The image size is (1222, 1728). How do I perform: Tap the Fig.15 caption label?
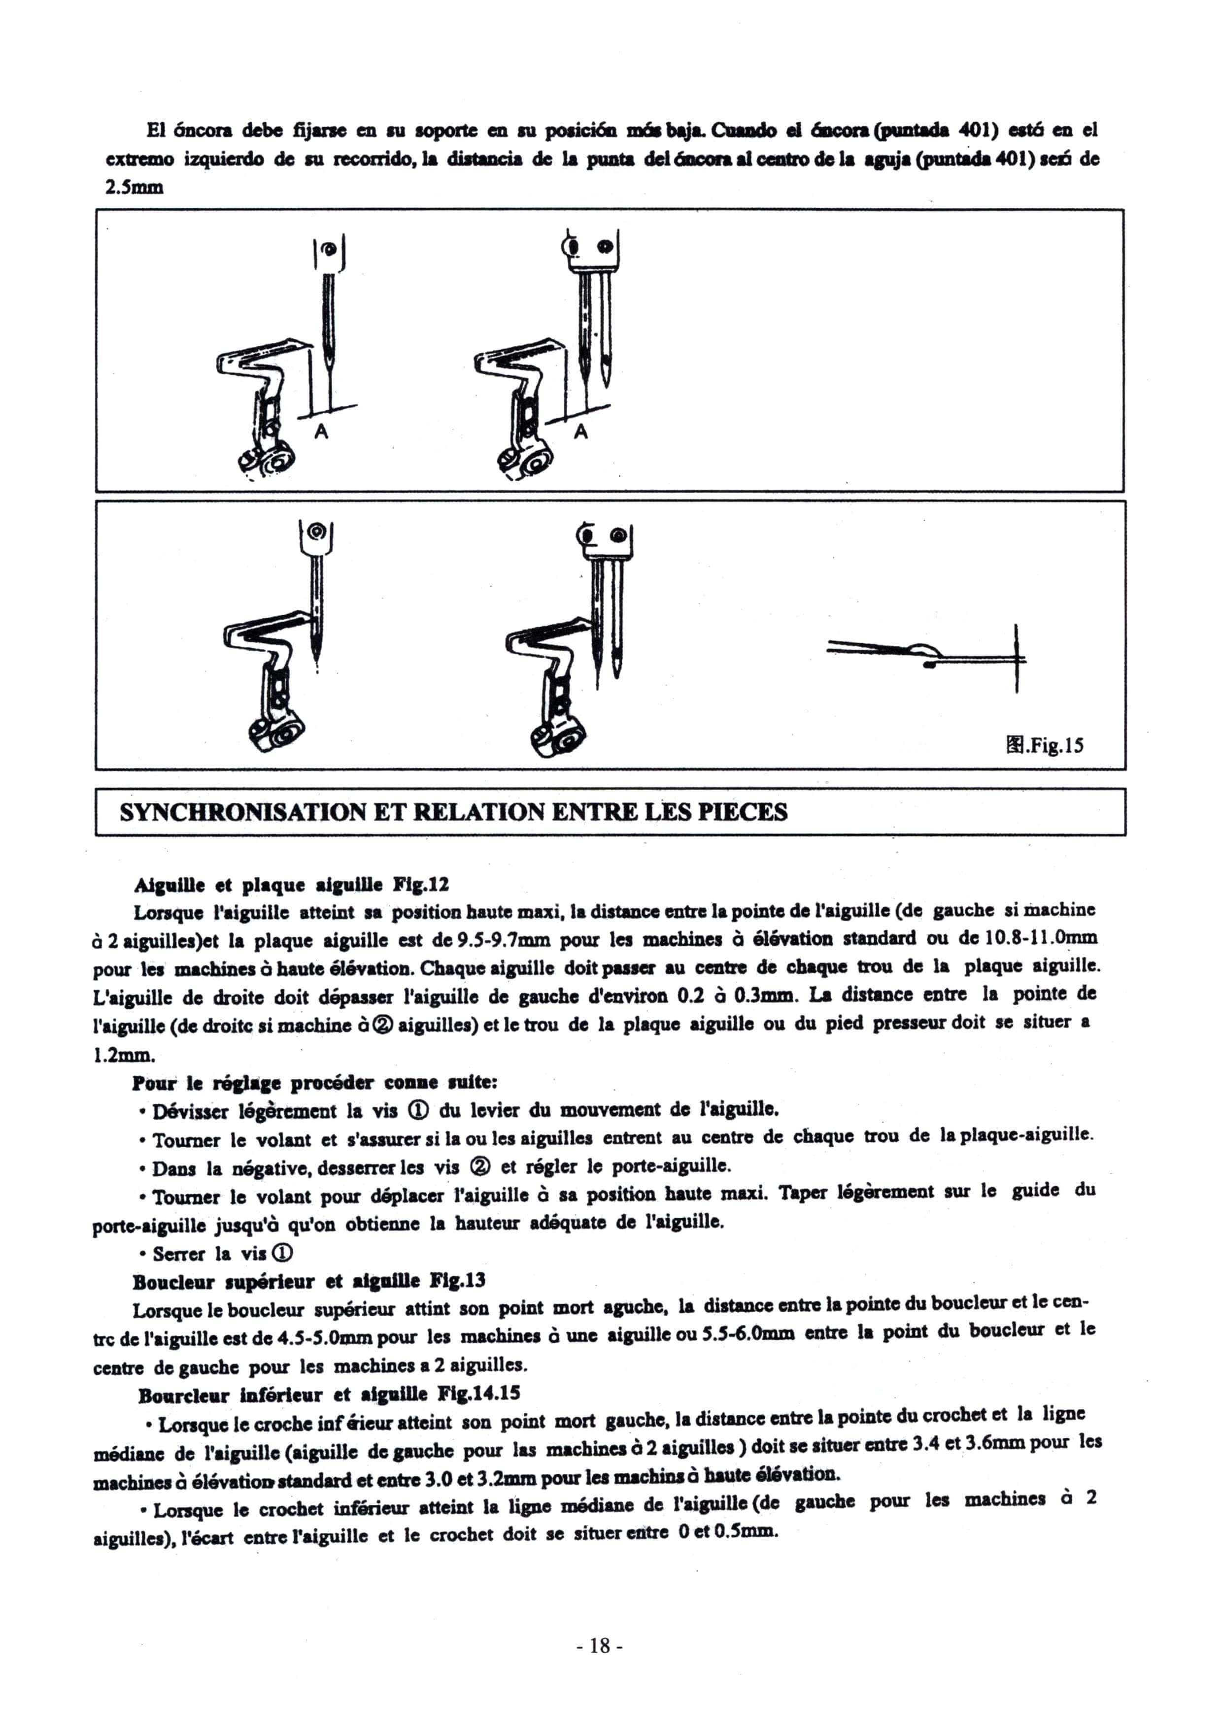[1045, 746]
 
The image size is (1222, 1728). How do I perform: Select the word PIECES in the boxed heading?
[743, 813]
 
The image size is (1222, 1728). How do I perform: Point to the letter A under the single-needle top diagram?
[321, 432]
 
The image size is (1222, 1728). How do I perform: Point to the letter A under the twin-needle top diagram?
[580, 432]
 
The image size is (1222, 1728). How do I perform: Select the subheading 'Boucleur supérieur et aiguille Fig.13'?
[308, 1281]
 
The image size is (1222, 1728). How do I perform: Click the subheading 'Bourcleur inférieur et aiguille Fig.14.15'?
[329, 1395]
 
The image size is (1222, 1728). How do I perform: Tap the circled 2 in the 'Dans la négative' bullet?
[479, 1167]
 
